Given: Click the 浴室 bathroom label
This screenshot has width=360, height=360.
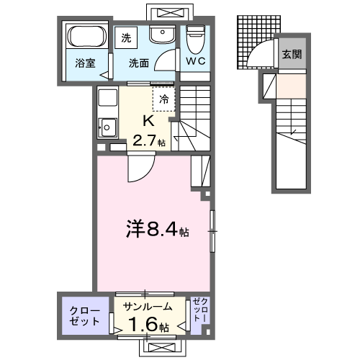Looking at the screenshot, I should (x=85, y=63).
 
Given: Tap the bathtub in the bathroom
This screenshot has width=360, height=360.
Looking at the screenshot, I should (x=86, y=38).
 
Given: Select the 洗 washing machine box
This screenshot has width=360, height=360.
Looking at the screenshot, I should (x=127, y=37).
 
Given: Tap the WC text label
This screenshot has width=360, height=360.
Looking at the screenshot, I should (x=195, y=62).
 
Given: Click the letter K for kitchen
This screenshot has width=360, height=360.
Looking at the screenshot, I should (x=148, y=121).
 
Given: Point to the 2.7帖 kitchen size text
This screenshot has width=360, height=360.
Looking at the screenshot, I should (x=149, y=142).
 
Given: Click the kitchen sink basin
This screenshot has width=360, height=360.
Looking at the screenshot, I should (x=108, y=127).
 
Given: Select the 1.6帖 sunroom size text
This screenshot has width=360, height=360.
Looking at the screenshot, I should (x=149, y=325).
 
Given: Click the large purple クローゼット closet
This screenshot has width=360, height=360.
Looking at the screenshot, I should (x=85, y=315).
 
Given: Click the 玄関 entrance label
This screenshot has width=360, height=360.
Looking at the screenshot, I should (x=291, y=55).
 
